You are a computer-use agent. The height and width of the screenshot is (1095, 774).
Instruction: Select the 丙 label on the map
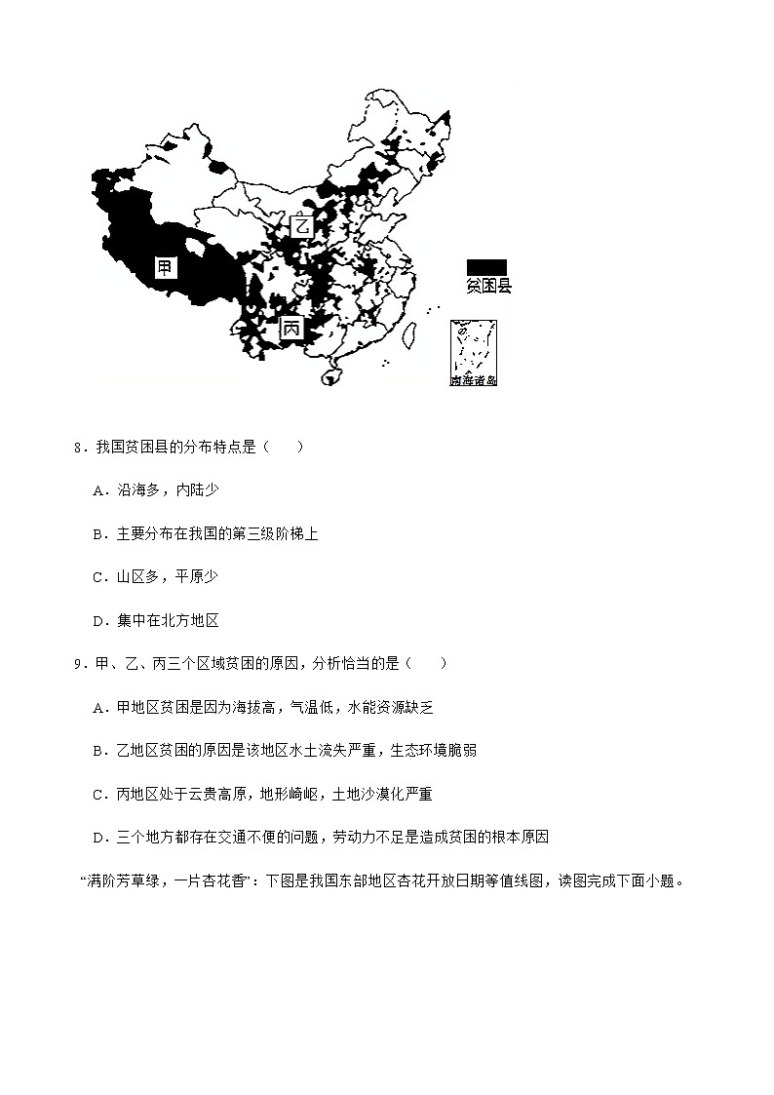click(291, 330)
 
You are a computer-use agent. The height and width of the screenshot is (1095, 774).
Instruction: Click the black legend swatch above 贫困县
click(486, 267)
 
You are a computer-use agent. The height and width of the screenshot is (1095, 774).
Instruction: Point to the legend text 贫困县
click(488, 286)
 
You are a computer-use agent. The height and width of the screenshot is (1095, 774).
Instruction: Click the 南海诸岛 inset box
click(474, 352)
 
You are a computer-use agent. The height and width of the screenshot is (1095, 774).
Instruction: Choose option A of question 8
click(98, 490)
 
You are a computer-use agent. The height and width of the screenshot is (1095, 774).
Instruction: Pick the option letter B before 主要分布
click(98, 533)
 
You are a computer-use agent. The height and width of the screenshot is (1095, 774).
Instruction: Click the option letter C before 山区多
click(98, 576)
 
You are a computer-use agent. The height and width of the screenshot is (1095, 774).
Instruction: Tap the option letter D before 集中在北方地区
click(98, 620)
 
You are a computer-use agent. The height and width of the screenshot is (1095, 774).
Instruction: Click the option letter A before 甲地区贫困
click(98, 707)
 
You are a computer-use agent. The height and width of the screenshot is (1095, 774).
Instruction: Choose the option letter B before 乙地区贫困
click(98, 750)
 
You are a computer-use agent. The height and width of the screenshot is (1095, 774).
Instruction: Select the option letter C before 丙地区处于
click(98, 794)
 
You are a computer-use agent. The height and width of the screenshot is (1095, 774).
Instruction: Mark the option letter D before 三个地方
click(98, 837)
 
